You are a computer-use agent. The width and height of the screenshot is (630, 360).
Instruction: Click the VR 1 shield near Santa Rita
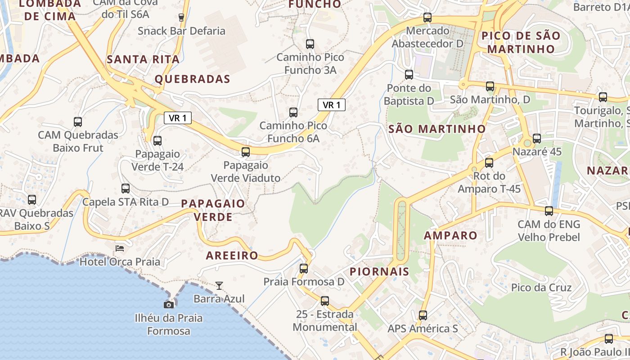(x=178, y=118)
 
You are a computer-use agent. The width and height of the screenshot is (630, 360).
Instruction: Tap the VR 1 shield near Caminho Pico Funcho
(x=332, y=105)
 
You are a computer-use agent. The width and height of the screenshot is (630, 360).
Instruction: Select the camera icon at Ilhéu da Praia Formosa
(x=169, y=305)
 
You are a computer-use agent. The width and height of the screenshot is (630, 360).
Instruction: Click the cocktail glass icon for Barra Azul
(x=219, y=285)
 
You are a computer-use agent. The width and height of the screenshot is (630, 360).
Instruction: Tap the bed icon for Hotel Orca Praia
(x=120, y=248)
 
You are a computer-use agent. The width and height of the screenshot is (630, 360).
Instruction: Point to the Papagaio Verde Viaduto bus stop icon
(x=246, y=152)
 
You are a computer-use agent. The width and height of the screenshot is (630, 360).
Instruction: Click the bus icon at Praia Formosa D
(x=304, y=269)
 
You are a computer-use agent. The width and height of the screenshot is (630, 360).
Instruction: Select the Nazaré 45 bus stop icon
(x=537, y=139)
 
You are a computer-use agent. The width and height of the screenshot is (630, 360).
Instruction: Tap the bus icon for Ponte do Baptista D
(x=409, y=75)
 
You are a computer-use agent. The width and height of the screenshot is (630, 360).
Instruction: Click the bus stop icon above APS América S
(x=423, y=315)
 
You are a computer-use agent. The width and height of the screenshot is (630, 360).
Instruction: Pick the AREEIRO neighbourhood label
(x=232, y=256)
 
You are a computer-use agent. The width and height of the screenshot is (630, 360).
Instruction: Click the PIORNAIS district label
(x=379, y=271)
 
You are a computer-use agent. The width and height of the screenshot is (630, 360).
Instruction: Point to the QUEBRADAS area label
(x=193, y=79)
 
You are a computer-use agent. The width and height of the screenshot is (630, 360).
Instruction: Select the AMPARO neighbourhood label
(x=450, y=235)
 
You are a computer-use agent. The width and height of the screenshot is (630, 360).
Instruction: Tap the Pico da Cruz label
(x=541, y=288)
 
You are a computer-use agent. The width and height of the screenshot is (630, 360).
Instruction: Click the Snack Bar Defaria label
(x=181, y=31)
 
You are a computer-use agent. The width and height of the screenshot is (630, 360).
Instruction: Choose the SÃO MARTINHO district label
(x=437, y=129)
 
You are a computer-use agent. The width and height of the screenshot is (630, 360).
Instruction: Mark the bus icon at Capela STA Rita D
(x=126, y=189)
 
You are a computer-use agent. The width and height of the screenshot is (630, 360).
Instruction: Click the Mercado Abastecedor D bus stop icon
(x=427, y=18)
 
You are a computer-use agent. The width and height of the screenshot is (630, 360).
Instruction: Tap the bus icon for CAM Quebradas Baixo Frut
(x=78, y=122)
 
